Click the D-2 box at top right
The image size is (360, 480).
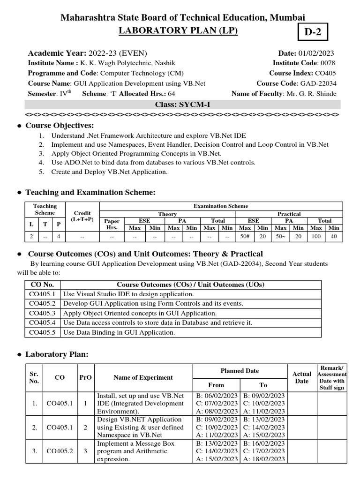pos(315,33)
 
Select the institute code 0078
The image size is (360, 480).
pos(327,63)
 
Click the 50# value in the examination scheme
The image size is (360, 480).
pos(244,237)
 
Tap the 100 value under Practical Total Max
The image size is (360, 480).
pos(316,237)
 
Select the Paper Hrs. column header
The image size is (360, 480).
pos(112,224)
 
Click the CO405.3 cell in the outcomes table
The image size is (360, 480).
pos(42,313)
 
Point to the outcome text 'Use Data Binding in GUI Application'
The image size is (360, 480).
pos(119,332)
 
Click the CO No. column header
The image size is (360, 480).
pos(42,285)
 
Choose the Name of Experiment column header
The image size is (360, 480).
pos(143,377)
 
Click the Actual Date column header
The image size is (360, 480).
pos(301,377)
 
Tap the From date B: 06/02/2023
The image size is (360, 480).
pos(217,395)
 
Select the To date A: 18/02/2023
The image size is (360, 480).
pos(263,460)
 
